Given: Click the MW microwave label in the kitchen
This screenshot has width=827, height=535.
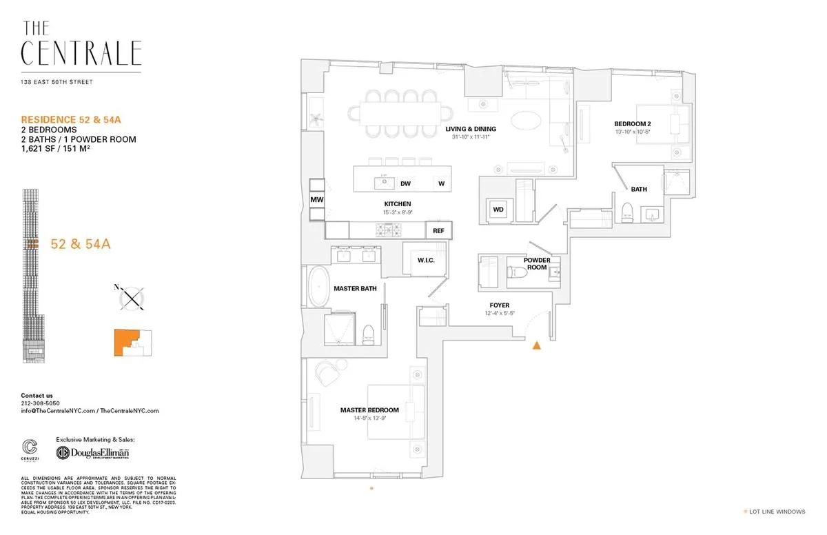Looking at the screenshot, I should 317,200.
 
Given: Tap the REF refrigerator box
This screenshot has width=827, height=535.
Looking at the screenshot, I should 438,231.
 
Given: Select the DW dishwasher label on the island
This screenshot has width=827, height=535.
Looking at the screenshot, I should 406,183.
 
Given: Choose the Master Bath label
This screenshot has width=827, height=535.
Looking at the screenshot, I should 355,288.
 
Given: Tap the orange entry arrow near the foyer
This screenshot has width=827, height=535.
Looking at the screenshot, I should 536,345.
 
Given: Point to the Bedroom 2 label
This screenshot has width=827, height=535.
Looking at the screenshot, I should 632,124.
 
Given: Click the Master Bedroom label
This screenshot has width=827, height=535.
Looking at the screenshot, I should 369,410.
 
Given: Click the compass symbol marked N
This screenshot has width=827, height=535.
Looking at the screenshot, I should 130,298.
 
